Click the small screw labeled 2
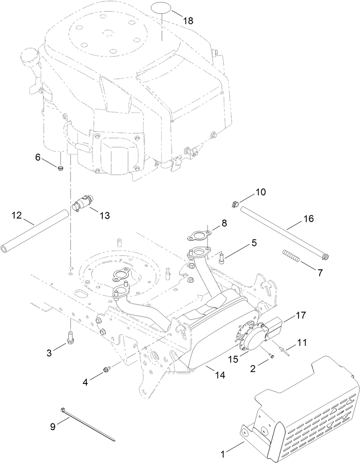pyautogui.click(x=271, y=356)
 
